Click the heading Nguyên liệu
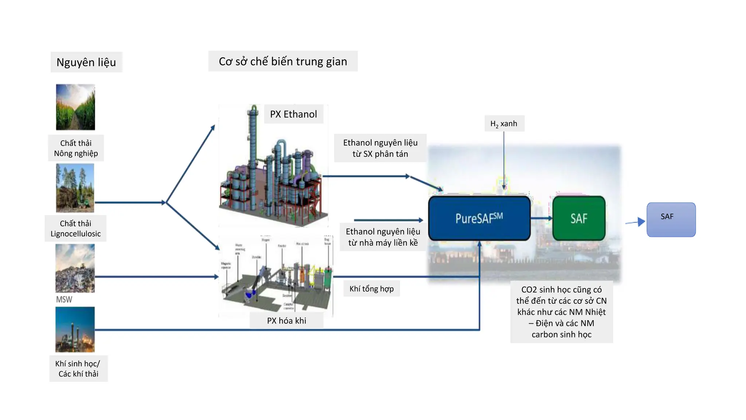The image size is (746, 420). pyautogui.click(x=86, y=62)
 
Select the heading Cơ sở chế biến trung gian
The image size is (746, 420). pyautogui.click(x=283, y=61)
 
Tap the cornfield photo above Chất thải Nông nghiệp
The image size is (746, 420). pyautogui.click(x=75, y=107)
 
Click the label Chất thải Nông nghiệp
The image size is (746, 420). pyautogui.click(x=76, y=148)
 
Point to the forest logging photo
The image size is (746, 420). pyautogui.click(x=75, y=188)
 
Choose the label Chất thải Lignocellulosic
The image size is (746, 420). pyautogui.click(x=75, y=228)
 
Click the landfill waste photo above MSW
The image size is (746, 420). pyautogui.click(x=75, y=268)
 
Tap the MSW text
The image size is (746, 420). pyautogui.click(x=64, y=299)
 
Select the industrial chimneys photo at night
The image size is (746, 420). pyautogui.click(x=75, y=329)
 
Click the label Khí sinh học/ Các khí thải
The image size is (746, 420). pyautogui.click(x=78, y=368)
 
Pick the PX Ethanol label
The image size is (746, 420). pyautogui.click(x=293, y=114)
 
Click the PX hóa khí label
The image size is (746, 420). pyautogui.click(x=286, y=320)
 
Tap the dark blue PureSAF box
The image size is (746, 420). pyautogui.click(x=479, y=218)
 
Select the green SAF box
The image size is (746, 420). pyautogui.click(x=579, y=218)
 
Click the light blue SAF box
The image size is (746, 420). pyautogui.click(x=671, y=219)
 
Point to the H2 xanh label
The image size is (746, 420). pyautogui.click(x=504, y=124)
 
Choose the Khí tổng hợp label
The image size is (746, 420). pyautogui.click(x=372, y=288)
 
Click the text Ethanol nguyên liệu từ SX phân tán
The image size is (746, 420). pyautogui.click(x=380, y=148)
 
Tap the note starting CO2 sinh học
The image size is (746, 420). pyautogui.click(x=561, y=312)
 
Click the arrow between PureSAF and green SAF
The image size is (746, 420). pyautogui.click(x=542, y=218)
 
